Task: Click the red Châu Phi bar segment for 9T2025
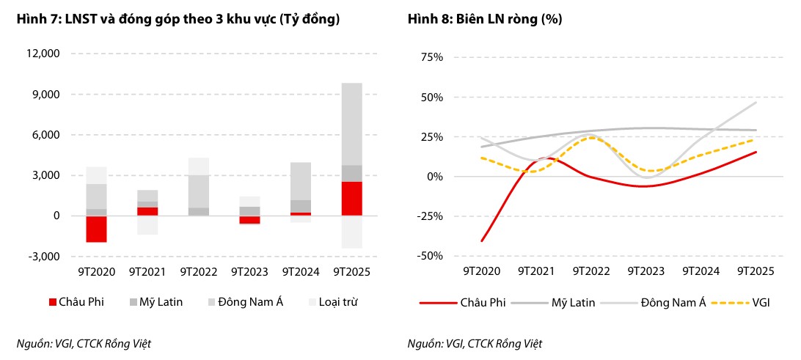pos(351,199)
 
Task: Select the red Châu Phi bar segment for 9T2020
pos(96,229)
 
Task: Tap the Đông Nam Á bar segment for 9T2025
pos(351,124)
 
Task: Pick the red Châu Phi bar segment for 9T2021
pos(147,211)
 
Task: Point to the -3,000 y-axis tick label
pos(43,257)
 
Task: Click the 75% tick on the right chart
pos(431,56)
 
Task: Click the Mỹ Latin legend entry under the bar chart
pos(156,301)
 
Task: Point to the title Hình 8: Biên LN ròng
pos(485,20)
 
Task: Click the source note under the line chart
pos(475,343)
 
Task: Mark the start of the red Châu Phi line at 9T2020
pos(482,240)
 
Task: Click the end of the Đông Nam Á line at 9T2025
pos(756,103)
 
